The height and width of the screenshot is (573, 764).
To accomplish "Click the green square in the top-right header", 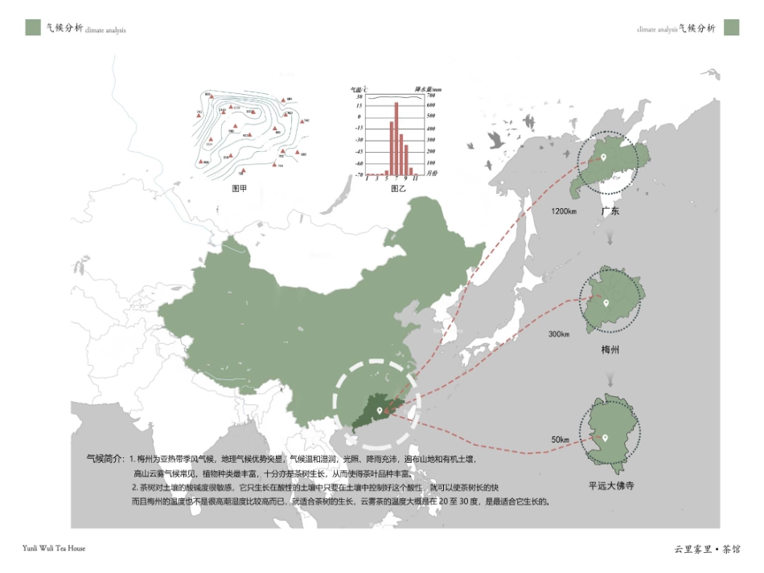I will pyautogui.click(x=730, y=27).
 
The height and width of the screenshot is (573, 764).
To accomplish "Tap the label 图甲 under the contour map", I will pyautogui.click(x=239, y=189).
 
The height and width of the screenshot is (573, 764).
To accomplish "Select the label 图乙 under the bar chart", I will pyautogui.click(x=398, y=189).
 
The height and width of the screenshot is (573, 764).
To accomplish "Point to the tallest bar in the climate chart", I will pyautogui.click(x=396, y=138).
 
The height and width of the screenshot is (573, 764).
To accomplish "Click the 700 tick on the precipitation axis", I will pyautogui.click(x=430, y=96).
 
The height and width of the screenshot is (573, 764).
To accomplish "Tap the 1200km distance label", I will pyautogui.click(x=564, y=211).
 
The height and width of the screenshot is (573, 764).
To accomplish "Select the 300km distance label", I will pyautogui.click(x=558, y=334).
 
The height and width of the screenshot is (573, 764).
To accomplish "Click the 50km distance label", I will pyautogui.click(x=560, y=440).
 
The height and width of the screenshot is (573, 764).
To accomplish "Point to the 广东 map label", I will pyautogui.click(x=610, y=211).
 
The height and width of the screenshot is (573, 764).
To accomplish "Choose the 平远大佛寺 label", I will pyautogui.click(x=611, y=485).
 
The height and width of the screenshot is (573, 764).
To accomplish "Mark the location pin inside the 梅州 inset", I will pyautogui.click(x=607, y=304).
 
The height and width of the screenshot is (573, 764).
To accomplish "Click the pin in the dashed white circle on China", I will pyautogui.click(x=378, y=411).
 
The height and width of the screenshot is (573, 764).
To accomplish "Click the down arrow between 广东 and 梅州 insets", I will pyautogui.click(x=610, y=239).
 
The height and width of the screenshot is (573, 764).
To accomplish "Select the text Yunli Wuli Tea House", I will pyautogui.click(x=54, y=548).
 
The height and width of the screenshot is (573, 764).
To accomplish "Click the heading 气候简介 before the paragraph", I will pyautogui.click(x=105, y=458).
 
